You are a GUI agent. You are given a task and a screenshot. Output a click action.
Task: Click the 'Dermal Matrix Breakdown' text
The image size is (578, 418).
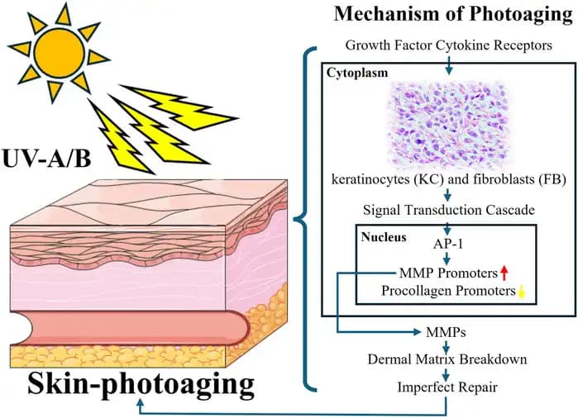tap(447, 360)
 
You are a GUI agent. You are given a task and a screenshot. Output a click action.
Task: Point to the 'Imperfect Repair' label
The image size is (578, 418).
tap(447, 385)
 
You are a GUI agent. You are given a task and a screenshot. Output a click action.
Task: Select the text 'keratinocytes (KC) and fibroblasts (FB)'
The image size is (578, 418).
tap(447, 178)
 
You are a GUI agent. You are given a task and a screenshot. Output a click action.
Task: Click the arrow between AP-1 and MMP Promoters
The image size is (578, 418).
tap(447, 259)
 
